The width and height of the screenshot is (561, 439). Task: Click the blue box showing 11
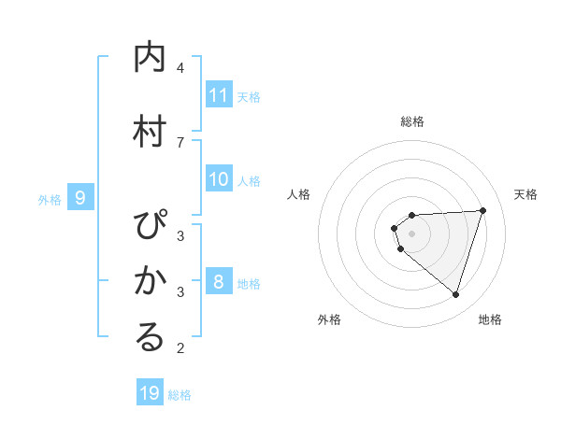click(219, 95)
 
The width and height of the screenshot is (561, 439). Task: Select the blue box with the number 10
click(219, 180)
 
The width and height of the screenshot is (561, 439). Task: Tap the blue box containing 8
click(219, 283)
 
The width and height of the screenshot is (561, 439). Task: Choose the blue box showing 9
click(80, 198)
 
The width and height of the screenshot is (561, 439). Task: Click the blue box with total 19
click(150, 393)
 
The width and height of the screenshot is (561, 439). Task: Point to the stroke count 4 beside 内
click(180, 68)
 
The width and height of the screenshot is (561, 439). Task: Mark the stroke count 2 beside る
click(180, 348)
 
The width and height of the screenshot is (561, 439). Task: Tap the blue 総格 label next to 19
click(180, 394)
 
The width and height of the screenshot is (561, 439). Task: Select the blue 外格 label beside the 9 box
click(50, 199)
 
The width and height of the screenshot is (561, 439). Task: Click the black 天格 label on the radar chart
click(526, 194)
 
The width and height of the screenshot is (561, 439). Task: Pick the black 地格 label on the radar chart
click(490, 319)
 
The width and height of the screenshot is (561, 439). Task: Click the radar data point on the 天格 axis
click(483, 210)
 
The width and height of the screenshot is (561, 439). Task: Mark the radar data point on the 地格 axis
click(455, 295)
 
